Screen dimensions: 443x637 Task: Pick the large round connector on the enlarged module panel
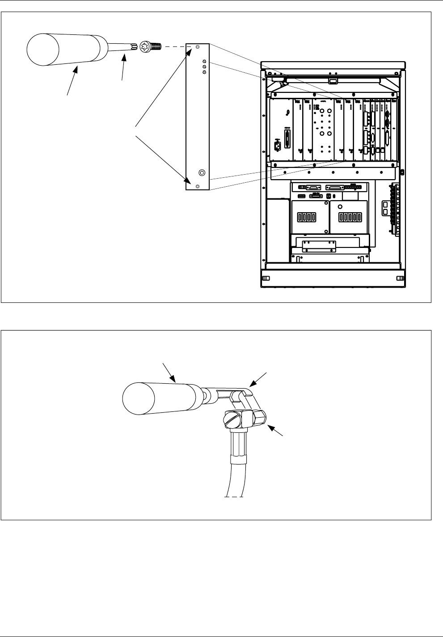pos(202,172)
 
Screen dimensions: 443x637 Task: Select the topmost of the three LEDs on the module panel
pos(204,61)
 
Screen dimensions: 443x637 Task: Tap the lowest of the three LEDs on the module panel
pos(204,71)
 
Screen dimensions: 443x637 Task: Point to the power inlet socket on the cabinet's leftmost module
pos(277,145)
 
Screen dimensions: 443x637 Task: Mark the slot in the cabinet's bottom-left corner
pos(266,278)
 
